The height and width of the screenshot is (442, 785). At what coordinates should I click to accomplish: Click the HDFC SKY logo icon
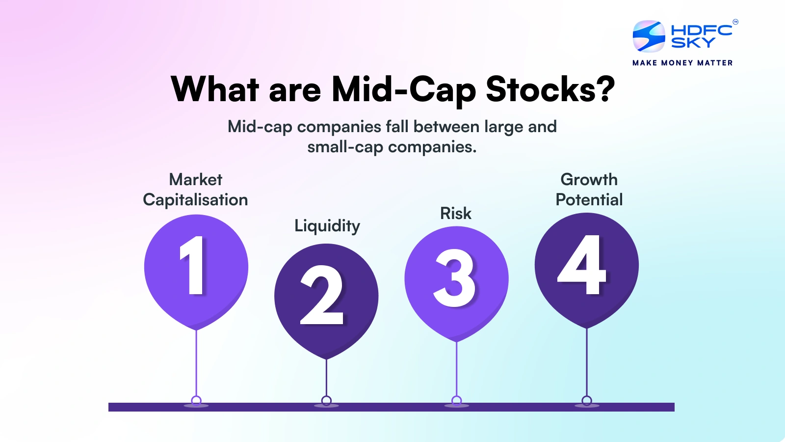pos(649,36)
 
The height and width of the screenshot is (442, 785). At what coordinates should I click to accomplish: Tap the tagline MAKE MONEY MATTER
pos(682,63)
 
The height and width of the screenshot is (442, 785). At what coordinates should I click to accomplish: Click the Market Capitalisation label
pos(196,190)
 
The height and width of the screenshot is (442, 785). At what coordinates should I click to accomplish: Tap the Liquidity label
pos(327,226)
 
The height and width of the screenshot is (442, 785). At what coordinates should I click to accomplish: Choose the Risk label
pos(456,213)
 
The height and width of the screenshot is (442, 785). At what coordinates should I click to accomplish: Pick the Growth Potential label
pos(589,190)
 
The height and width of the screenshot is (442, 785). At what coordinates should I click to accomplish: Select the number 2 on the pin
pos(321,295)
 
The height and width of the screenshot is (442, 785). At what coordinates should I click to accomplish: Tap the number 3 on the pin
pos(454,278)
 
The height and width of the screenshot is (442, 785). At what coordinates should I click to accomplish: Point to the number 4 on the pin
pos(582,264)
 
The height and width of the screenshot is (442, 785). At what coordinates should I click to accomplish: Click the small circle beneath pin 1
pos(196,401)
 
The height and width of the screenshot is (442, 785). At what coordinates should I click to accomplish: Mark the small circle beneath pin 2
pos(326,401)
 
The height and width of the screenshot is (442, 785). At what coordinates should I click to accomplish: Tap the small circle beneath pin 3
pos(457,401)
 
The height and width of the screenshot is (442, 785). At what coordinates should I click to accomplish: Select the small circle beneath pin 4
pos(587,401)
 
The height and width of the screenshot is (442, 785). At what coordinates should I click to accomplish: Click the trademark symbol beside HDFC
pos(735,22)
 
